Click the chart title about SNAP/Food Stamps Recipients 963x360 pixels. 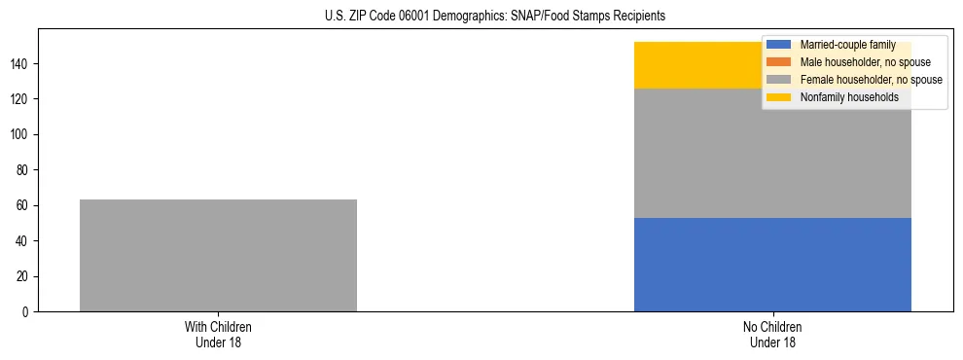(x=495, y=17)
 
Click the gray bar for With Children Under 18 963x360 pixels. (x=218, y=255)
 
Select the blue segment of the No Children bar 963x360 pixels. (x=772, y=265)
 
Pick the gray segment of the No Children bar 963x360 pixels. (x=772, y=153)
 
